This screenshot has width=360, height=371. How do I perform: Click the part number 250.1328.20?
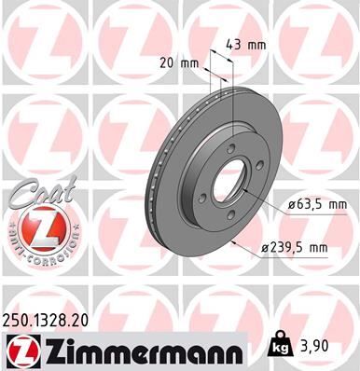pos(52,320)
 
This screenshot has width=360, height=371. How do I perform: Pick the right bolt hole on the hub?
pos(256,170)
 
